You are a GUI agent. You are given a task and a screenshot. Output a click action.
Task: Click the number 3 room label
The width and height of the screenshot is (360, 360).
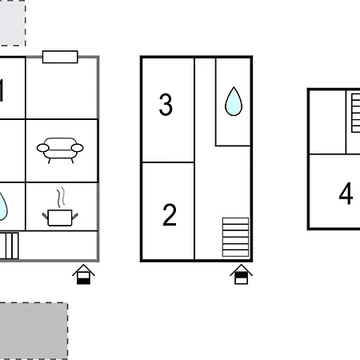pos(166,105)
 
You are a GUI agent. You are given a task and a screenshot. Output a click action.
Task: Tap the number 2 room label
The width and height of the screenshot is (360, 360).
pos(169,214)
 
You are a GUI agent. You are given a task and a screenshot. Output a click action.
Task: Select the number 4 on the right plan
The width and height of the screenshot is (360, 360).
pos(346,194)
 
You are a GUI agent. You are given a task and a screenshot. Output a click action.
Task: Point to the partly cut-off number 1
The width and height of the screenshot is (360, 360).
pos(2,91)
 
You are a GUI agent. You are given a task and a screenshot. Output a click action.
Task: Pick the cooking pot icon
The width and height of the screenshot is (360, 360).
pos(58,216)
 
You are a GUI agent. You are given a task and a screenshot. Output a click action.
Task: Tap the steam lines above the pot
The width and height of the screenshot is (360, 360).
pos(59,196)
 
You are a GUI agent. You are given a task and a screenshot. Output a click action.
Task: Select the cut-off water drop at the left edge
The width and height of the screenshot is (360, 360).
pos(3,206)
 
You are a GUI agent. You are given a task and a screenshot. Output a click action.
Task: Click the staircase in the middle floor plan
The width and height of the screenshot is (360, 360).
pos(235,238)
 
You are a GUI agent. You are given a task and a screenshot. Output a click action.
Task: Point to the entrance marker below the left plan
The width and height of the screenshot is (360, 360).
pos(83,275)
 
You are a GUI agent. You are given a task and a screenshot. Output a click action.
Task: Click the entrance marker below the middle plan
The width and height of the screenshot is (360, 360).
pos(240,275)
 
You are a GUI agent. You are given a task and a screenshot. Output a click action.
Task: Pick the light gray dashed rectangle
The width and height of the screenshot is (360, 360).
pos(11,22)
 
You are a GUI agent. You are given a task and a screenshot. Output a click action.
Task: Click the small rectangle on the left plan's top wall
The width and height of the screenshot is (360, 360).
pos(60,56)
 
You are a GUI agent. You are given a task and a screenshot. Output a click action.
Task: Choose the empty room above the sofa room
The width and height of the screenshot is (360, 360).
pos(62,88)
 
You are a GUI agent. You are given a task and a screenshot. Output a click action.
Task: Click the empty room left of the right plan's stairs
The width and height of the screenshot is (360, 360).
pos(327,122)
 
